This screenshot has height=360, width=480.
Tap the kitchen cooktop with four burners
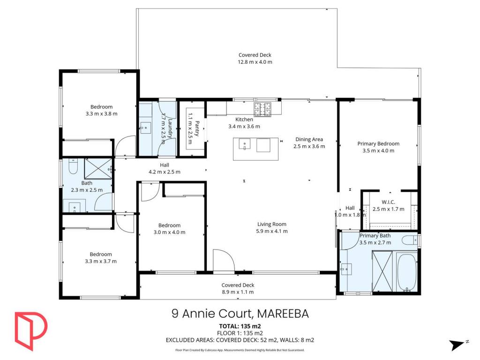pyautogui.click(x=262, y=110)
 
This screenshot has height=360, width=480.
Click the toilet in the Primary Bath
pyautogui.click(x=409, y=240)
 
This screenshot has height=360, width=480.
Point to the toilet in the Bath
pyautogui.click(x=73, y=166)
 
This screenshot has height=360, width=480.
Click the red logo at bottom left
pyautogui.click(x=31, y=331)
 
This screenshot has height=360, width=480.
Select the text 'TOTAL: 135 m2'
pyautogui.click(x=240, y=326)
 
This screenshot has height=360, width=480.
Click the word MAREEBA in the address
pyautogui.click(x=283, y=314)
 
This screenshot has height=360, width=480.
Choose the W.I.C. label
pyautogui.click(x=388, y=202)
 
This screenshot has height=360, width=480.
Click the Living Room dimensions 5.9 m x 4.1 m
pyautogui.click(x=272, y=231)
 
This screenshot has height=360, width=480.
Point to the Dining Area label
pyautogui.click(x=309, y=139)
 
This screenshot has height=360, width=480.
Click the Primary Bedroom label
pyautogui.click(x=378, y=143)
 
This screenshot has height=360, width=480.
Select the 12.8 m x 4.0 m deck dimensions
pyautogui.click(x=255, y=62)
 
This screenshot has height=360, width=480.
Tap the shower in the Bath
pyautogui.click(x=98, y=168)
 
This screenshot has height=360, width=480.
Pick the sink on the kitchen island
pyautogui.click(x=245, y=144)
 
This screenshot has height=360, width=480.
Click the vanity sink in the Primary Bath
pyautogui.click(x=346, y=269)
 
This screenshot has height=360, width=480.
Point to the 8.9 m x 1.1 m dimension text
pyautogui.click(x=238, y=292)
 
